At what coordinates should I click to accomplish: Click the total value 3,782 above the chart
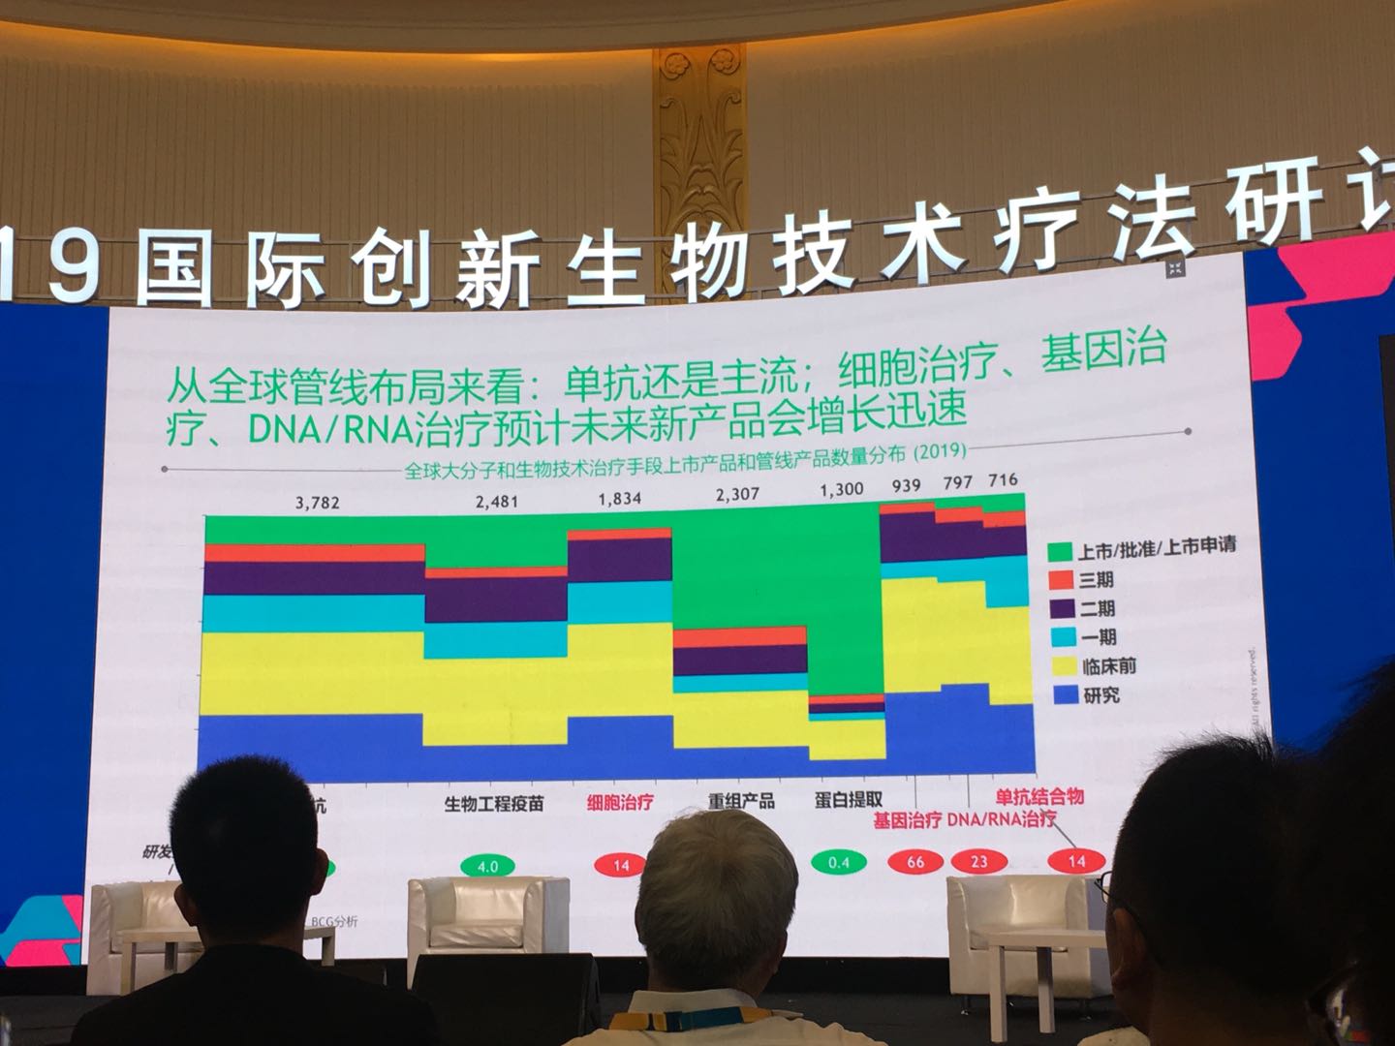[x=318, y=504]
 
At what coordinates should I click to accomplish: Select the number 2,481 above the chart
[x=497, y=502]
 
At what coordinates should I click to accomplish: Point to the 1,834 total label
[x=619, y=499]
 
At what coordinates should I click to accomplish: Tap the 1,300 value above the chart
[x=840, y=489]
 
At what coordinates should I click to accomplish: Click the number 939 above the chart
[x=907, y=484]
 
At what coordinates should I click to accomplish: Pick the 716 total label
[x=1003, y=480]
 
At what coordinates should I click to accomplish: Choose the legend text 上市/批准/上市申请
[x=1157, y=547]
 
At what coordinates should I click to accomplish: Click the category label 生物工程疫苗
[x=494, y=804]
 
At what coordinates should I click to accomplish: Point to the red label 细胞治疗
[x=620, y=803]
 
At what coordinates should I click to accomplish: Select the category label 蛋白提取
[x=848, y=800]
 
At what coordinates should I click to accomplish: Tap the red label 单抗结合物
[x=1039, y=797]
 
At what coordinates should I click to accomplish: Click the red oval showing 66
[x=915, y=861]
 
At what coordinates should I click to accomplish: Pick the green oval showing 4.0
[x=486, y=865]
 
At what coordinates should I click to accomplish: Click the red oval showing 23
[x=979, y=861]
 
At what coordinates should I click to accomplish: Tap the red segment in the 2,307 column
[x=740, y=636]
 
